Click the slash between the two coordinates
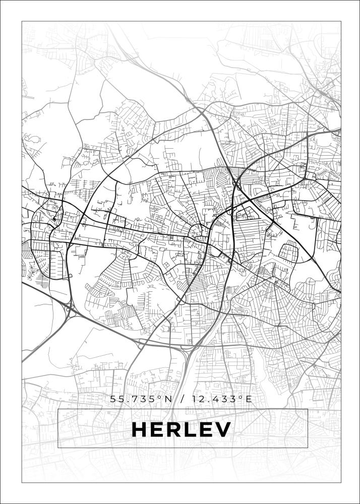181,399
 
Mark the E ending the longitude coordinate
248,399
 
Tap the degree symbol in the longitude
240,397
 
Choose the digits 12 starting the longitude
196,399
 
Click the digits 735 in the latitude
146,399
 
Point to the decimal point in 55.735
129,402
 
